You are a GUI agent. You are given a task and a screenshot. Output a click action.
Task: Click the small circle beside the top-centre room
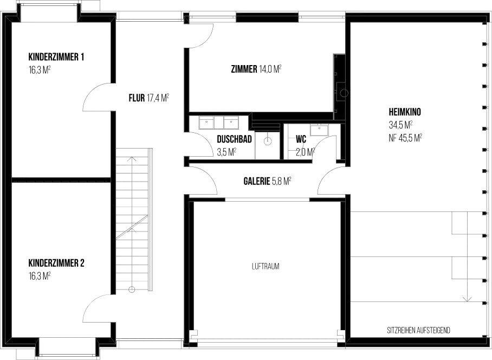pos(344,93)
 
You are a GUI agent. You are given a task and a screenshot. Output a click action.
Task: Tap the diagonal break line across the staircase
pos(131,228)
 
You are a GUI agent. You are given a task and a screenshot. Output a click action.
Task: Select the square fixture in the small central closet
pos(267,142)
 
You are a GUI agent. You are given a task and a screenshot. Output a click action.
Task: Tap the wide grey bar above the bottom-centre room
pos(267,200)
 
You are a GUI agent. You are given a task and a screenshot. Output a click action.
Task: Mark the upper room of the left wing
pos(60,98)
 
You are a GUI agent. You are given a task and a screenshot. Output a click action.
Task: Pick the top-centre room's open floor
pos(260,70)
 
